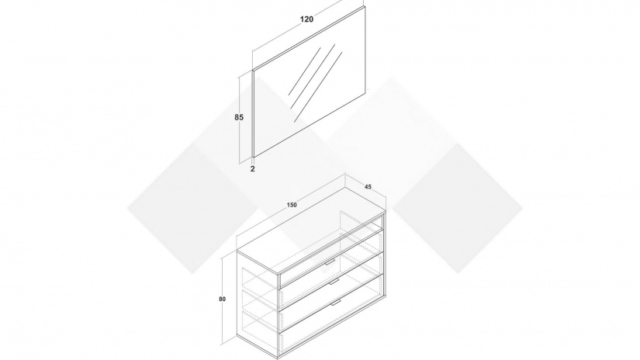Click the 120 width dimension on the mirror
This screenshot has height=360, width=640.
pyautogui.click(x=306, y=19)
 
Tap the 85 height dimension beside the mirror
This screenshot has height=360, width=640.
pyautogui.click(x=239, y=118)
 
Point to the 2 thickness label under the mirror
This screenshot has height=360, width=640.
pyautogui.click(x=253, y=168)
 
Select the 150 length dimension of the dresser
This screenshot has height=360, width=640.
pyautogui.click(x=292, y=205)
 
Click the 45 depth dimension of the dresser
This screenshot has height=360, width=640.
pyautogui.click(x=368, y=187)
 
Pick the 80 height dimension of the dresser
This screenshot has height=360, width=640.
pyautogui.click(x=222, y=299)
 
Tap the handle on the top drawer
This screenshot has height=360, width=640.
pyautogui.click(x=330, y=261)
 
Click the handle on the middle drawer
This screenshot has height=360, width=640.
pyautogui.click(x=334, y=282)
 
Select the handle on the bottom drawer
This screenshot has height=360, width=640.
pyautogui.click(x=336, y=303)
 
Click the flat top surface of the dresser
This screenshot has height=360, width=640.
pyautogui.click(x=311, y=230)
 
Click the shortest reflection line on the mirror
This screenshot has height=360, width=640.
pyautogui.click(x=305, y=71)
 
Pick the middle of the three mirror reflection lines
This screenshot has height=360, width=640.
pyautogui.click(x=313, y=76)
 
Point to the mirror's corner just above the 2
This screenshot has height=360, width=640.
pyautogui.click(x=254, y=156)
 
